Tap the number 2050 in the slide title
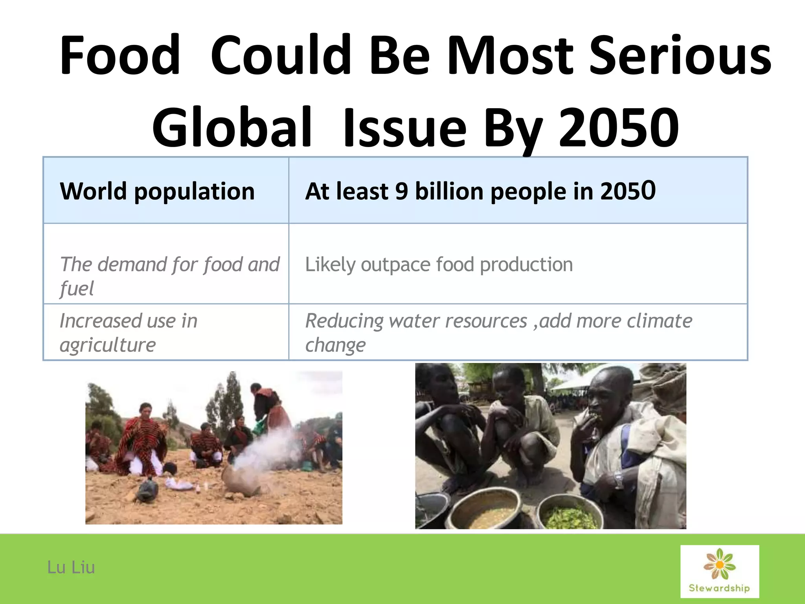pyautogui.click(x=619, y=128)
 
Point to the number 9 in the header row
pyautogui.click(x=401, y=192)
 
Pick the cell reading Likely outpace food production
pyautogui.click(x=439, y=264)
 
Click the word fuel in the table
pyautogui.click(x=77, y=289)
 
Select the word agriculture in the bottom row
pyautogui.click(x=108, y=345)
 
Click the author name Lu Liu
pyautogui.click(x=71, y=567)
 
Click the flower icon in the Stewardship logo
pyautogui.click(x=719, y=564)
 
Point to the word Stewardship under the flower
pyautogui.click(x=719, y=588)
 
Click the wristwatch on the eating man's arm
pyautogui.click(x=618, y=479)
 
